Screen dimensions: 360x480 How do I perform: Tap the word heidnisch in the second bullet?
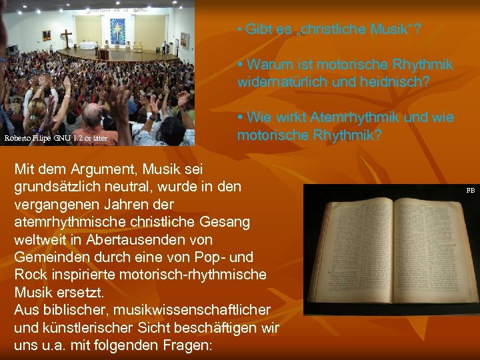[x=397, y=82]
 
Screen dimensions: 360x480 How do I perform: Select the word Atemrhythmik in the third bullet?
[x=345, y=118]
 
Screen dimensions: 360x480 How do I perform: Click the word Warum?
[x=268, y=65]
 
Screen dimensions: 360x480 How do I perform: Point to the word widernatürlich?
[x=285, y=82]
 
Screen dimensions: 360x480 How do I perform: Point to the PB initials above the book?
[x=470, y=191]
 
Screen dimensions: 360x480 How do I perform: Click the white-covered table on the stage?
[x=88, y=46]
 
